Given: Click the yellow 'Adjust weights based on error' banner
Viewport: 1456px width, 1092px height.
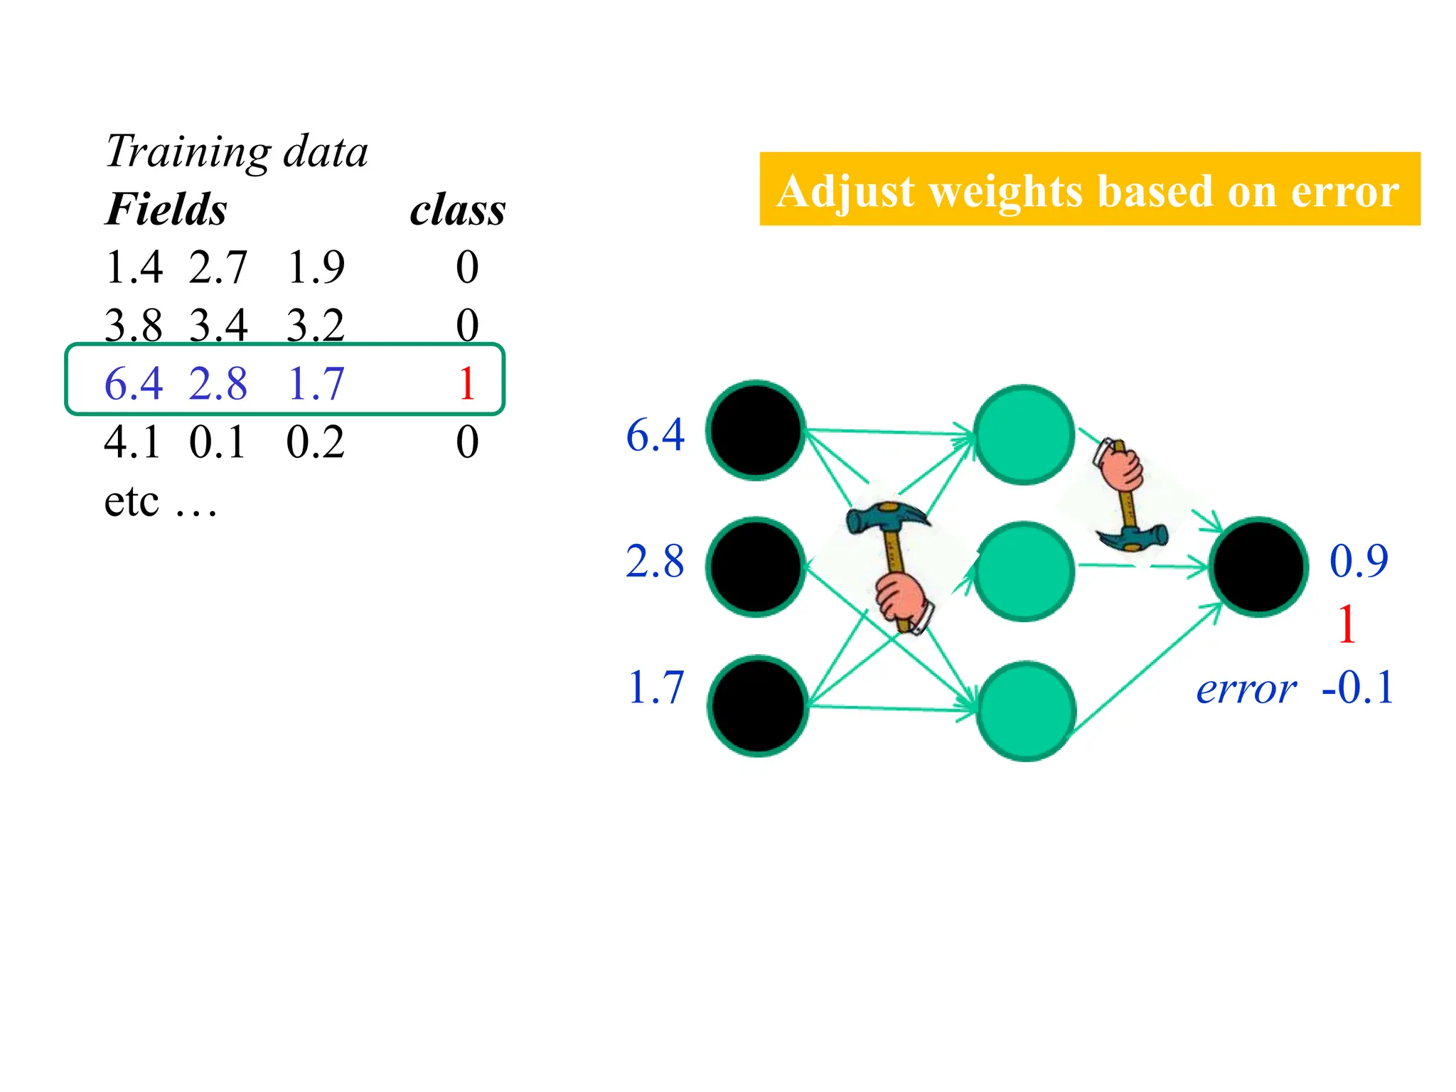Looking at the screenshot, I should coord(1088,189).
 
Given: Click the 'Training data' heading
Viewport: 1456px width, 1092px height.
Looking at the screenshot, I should coord(236,151).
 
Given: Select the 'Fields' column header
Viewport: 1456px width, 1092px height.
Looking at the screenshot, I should coord(166,210).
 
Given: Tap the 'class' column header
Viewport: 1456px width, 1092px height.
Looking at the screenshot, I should coord(457,210).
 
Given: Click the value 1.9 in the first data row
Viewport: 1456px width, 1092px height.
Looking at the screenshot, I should coord(316,267).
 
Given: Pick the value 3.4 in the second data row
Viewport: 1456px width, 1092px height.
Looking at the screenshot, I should coord(218,326).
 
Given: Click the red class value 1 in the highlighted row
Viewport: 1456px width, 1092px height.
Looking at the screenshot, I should coord(466,384).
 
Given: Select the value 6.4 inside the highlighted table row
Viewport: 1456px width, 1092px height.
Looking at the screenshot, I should coord(133,384).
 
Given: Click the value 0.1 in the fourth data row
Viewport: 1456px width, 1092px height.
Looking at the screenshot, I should coord(218,442).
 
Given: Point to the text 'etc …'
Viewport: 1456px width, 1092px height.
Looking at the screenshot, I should coord(160,501).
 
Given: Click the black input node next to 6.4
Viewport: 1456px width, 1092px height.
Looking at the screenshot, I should coord(756,430).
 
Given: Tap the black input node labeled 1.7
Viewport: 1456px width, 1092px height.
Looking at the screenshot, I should coord(758,705).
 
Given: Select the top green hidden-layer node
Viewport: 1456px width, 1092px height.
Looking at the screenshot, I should coord(1024,434).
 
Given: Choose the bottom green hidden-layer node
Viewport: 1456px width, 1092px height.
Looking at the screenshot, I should coord(1026,710).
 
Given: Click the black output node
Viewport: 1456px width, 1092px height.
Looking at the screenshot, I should coord(1258,567).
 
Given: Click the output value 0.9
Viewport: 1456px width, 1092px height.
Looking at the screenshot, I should coord(1359,561).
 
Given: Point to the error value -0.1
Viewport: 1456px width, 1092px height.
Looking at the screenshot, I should coord(1358,687).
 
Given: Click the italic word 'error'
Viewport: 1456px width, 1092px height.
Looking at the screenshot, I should coord(1246,689).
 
